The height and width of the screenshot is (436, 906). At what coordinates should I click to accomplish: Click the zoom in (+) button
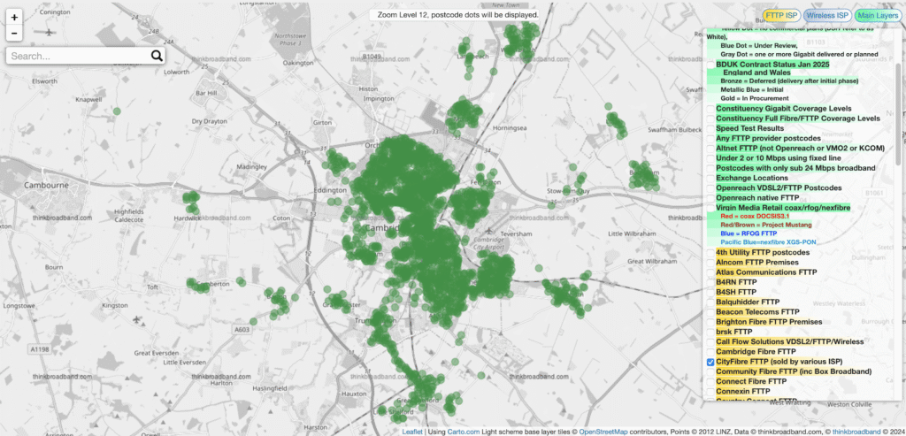tap(15, 17)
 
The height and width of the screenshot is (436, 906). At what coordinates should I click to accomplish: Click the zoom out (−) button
tap(15, 34)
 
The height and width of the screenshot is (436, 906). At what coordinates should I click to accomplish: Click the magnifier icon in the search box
tap(157, 56)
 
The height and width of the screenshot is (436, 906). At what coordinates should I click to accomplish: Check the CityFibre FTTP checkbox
tap(710, 363)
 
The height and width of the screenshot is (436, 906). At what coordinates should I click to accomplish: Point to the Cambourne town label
tap(39, 186)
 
